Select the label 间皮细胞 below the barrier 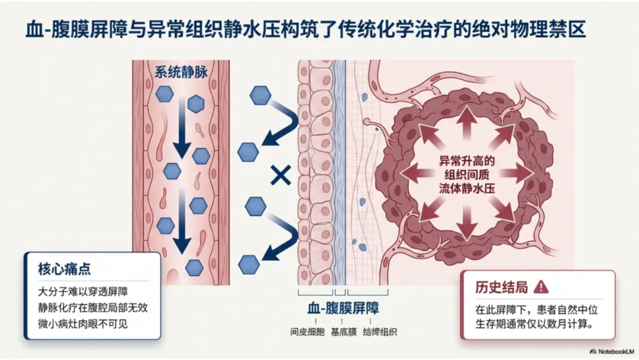click(306, 332)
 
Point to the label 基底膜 click(343, 332)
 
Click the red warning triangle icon click(541, 287)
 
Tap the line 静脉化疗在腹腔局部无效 click(91, 307)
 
